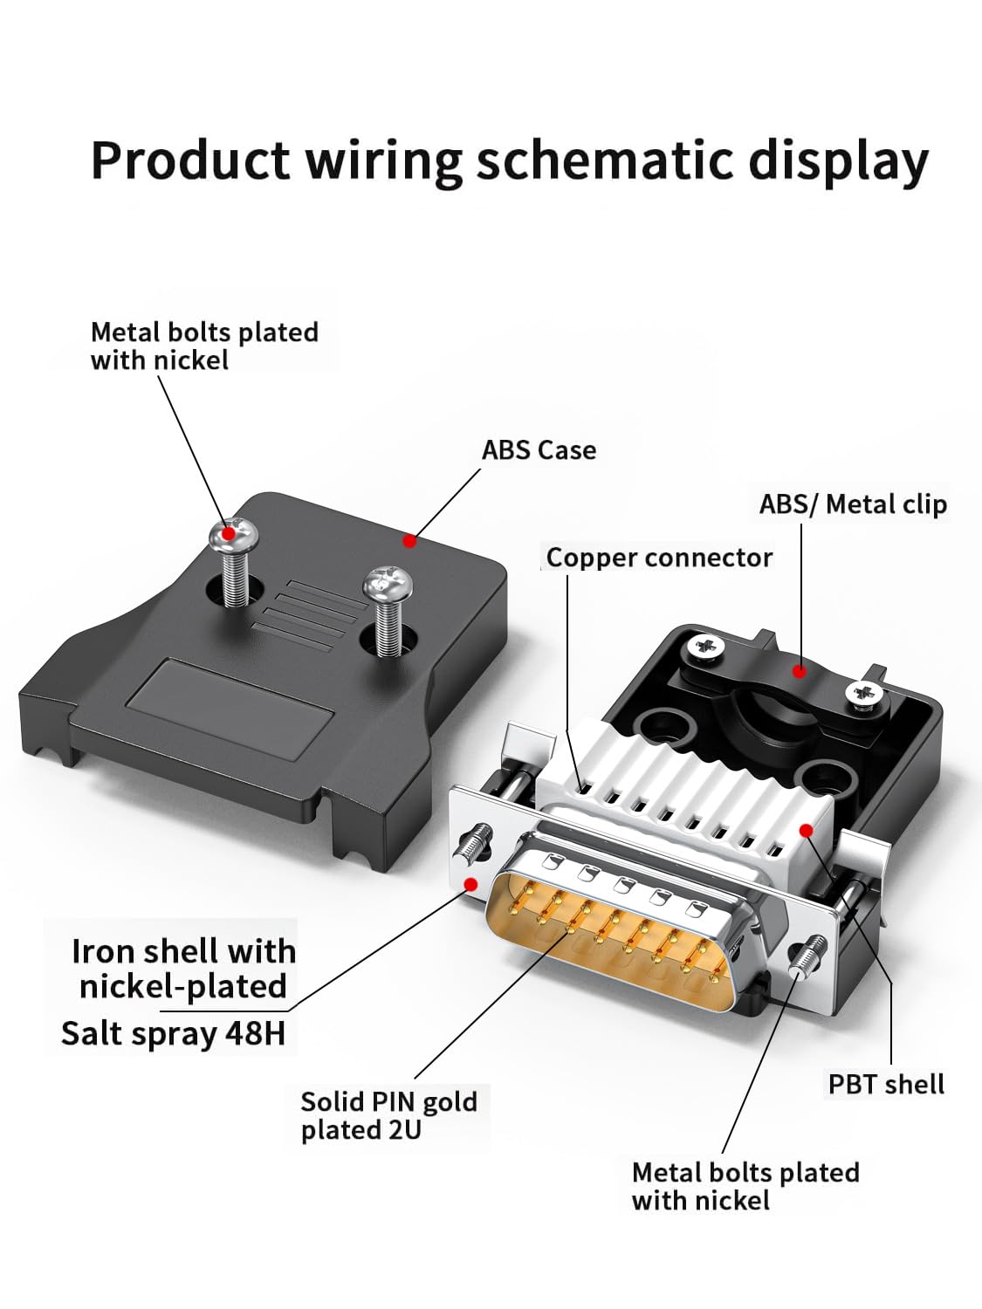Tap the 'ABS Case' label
pyautogui.click(x=539, y=450)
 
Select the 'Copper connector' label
pyautogui.click(x=659, y=558)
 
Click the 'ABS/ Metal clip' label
pyautogui.click(x=853, y=504)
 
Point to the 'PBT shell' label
pyautogui.click(x=886, y=1084)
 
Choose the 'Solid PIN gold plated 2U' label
pyautogui.click(x=388, y=1116)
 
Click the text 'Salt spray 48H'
pyautogui.click(x=173, y=1033)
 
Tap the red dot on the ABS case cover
pyautogui.click(x=409, y=541)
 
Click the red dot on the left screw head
pyautogui.click(x=229, y=532)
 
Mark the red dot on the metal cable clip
pyautogui.click(x=800, y=671)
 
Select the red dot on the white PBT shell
pyautogui.click(x=806, y=830)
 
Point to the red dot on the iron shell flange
pyautogui.click(x=471, y=884)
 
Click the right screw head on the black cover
pyautogui.click(x=388, y=584)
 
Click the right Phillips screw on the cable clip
pyautogui.click(x=864, y=693)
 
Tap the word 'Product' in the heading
pyautogui.click(x=191, y=161)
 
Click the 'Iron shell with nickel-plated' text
pyautogui.click(x=183, y=969)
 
